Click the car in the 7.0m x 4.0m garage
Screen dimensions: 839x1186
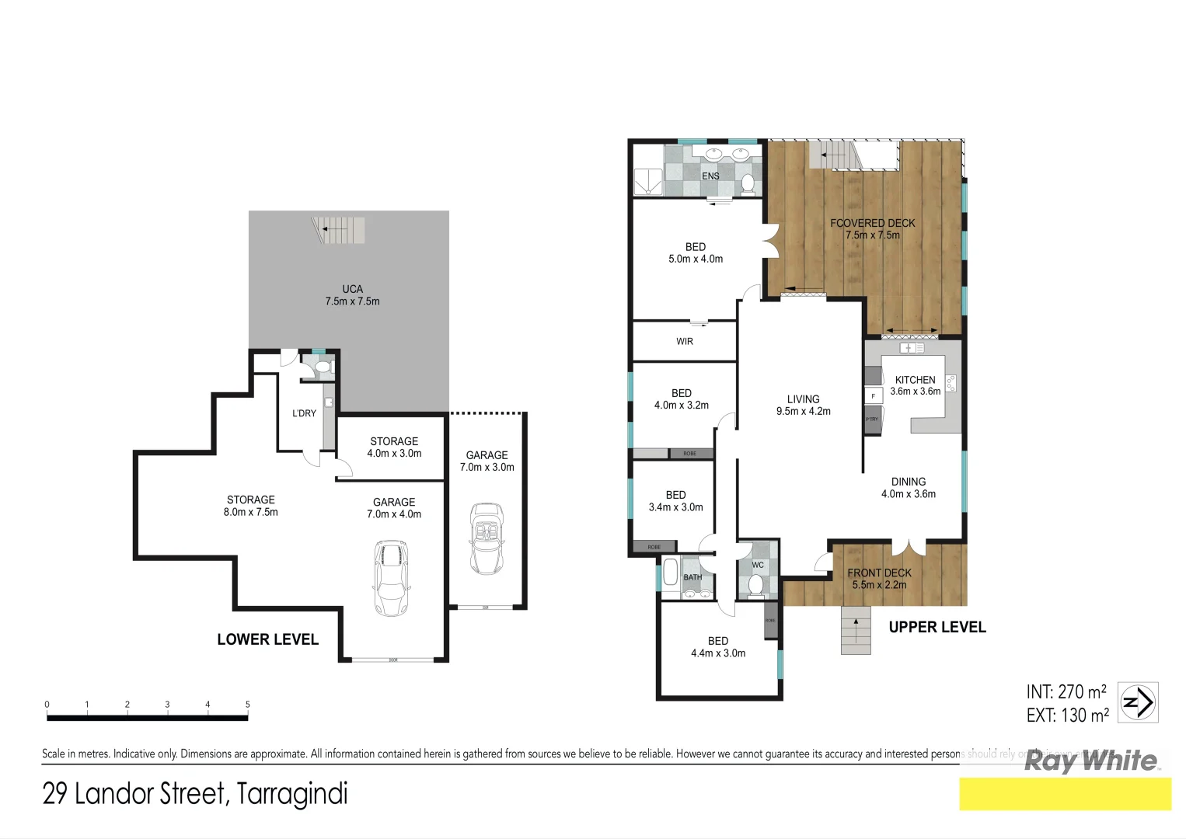pos(391,578)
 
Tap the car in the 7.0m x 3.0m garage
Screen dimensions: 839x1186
pos(487,538)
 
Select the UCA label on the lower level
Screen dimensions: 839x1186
pos(352,289)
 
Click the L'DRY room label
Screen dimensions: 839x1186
pos(304,413)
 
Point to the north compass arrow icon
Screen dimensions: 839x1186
pos(1138,702)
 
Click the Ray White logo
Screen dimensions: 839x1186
pos(1090,761)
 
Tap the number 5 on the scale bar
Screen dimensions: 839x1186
pos(247,705)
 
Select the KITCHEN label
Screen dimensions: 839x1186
pos(915,380)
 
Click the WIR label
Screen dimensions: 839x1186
pos(684,342)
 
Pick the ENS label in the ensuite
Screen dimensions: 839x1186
pos(710,176)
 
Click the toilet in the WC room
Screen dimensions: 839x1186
pos(755,583)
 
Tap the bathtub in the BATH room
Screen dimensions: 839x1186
pos(670,576)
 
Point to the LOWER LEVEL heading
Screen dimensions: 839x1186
pos(267,639)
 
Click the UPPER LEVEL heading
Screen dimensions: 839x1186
pos(937,627)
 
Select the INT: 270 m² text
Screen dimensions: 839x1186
pos(1066,691)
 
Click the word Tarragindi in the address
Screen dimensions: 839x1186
pos(292,794)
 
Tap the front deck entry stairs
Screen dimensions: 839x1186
pos(856,630)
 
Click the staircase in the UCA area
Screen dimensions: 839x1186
pos(339,230)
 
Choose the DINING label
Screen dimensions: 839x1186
pos(908,482)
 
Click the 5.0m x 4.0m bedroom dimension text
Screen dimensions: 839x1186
pos(695,259)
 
